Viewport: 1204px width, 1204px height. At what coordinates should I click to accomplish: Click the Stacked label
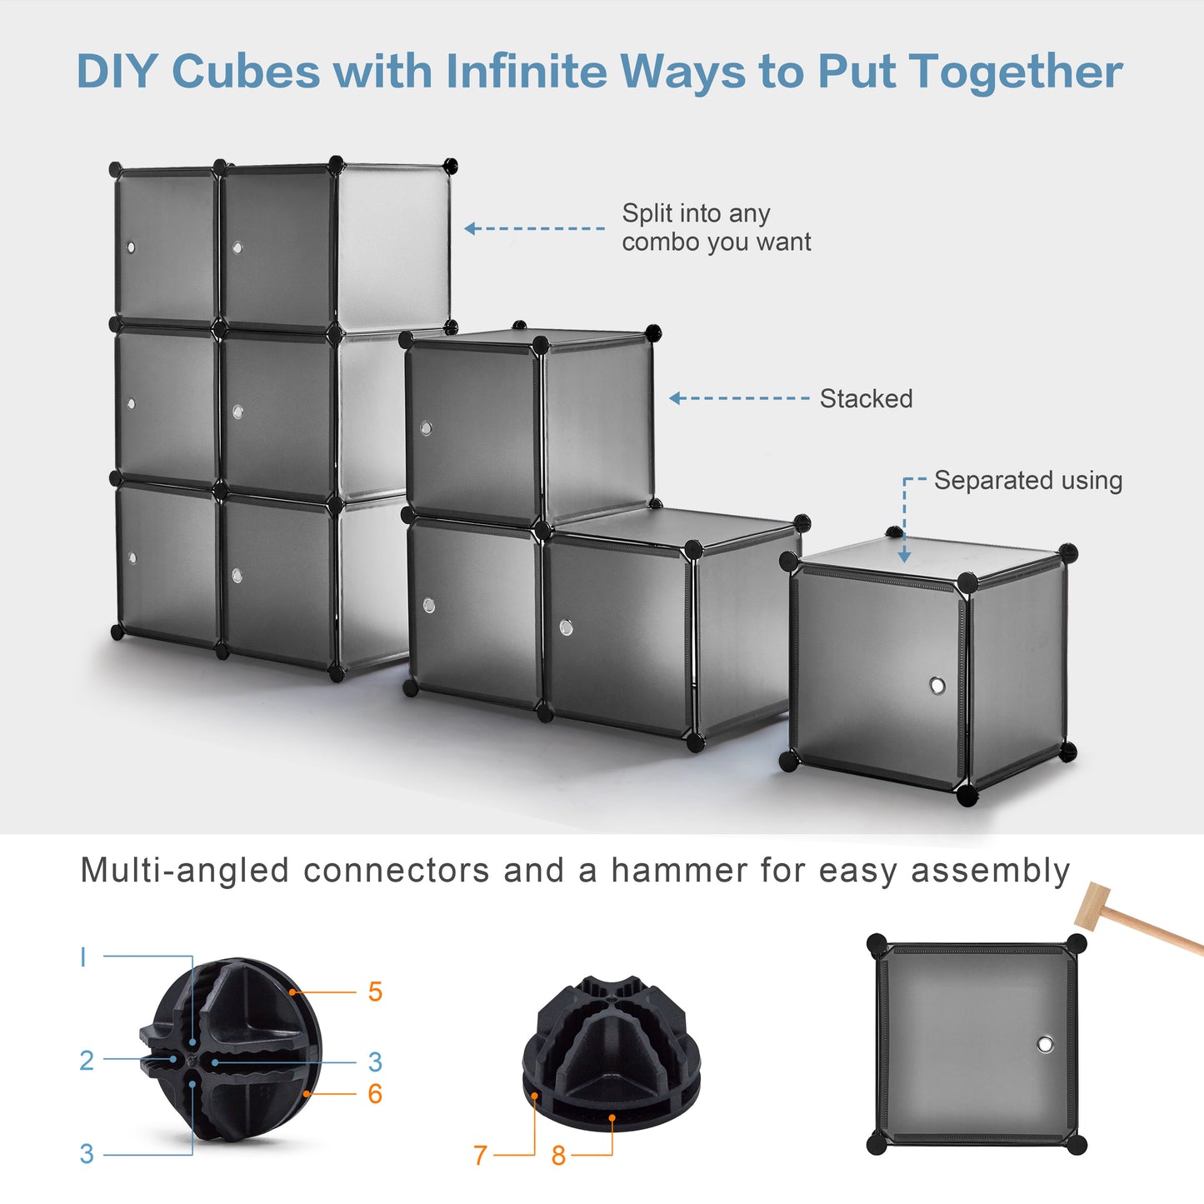tap(866, 399)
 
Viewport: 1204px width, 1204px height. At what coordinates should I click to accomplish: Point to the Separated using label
tap(1027, 481)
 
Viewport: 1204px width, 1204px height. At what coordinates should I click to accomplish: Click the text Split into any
tap(696, 213)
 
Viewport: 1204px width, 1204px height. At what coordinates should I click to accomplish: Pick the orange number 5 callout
tap(375, 992)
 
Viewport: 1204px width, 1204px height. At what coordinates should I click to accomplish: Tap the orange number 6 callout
tap(375, 1093)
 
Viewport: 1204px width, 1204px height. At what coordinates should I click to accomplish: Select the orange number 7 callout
tap(480, 1155)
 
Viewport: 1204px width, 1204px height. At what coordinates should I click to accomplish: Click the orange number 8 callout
tap(558, 1155)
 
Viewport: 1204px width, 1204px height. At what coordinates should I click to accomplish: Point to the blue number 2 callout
tap(87, 1060)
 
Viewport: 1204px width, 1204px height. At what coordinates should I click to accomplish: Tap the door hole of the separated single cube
tap(937, 686)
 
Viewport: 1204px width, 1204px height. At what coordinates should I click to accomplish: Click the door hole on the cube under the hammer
tap(1045, 1044)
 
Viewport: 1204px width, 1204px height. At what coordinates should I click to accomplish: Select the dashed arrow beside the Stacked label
tap(739, 398)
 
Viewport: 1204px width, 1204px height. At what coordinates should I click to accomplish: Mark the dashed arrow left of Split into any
tap(534, 228)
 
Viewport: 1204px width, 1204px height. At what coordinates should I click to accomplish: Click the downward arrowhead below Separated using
tap(905, 556)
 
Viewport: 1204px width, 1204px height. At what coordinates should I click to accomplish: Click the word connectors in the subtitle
tap(396, 871)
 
